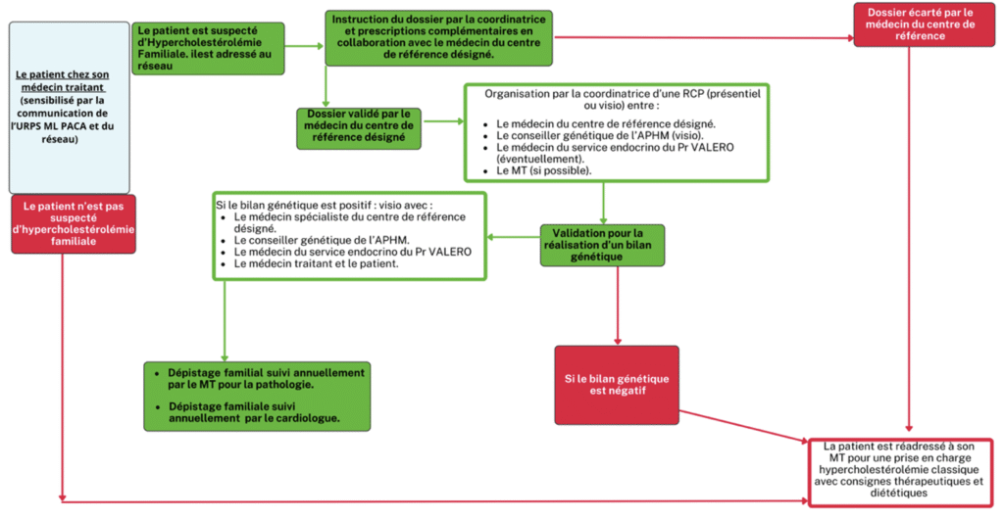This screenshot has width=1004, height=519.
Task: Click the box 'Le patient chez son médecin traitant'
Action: pos(69,107)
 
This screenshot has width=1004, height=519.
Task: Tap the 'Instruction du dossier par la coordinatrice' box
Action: pos(438,37)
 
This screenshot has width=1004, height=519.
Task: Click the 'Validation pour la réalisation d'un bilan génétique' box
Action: pos(602,245)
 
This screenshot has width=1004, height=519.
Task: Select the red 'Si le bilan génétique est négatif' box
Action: pos(616,385)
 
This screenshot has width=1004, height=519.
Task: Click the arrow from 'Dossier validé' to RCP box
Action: pos(442,123)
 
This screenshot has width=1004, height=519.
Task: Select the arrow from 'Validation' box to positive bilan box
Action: pos(513,237)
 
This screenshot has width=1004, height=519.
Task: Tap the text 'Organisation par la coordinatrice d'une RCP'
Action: pos(616,98)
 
